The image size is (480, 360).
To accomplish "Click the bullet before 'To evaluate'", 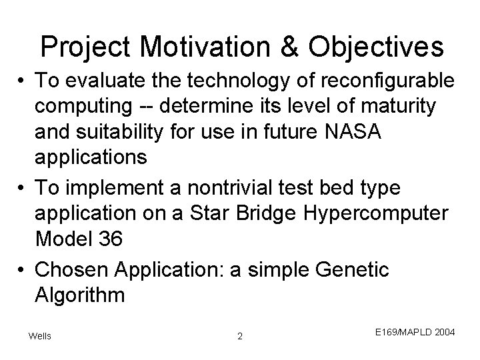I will (23, 81).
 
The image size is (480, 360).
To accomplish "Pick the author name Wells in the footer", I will (40, 335).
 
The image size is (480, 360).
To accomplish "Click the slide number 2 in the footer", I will (240, 336).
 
